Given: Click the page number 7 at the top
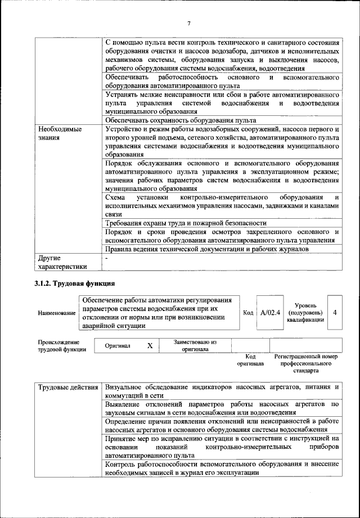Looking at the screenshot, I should point(189,23).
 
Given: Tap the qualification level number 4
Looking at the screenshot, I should point(335,313).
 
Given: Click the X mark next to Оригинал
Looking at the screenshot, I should point(150,345).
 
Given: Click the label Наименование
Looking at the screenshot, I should point(56,313).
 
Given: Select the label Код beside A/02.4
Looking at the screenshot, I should point(248,313).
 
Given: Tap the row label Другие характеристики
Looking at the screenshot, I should point(62,262).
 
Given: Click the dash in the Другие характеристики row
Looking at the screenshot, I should point(107,258).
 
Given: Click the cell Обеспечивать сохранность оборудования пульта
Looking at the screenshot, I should point(181,120).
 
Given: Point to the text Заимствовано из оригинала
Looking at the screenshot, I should point(195,345).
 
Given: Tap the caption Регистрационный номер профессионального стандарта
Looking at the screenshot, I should point(305,363).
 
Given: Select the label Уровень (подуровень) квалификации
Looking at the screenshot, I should point(305,312).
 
